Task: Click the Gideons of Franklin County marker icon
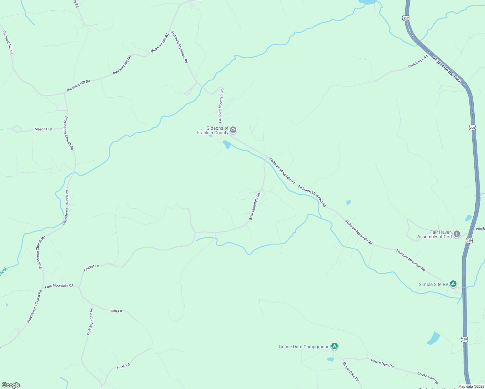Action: (x=233, y=130)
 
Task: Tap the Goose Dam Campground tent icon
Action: (x=335, y=346)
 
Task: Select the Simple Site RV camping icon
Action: (x=453, y=284)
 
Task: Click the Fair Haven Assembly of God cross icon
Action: (x=456, y=234)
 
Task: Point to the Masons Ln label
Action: (x=43, y=129)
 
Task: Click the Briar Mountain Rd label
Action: (x=254, y=206)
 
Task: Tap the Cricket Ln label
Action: (x=91, y=267)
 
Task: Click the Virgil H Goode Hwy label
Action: (x=446, y=69)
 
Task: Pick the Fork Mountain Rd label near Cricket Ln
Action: (x=59, y=286)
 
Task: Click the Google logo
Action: (x=11, y=385)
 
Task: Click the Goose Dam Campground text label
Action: (x=304, y=347)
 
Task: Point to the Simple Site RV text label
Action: (x=433, y=285)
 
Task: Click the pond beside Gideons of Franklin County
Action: (x=227, y=144)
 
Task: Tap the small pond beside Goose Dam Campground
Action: (x=330, y=359)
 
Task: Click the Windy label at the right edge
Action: (x=480, y=229)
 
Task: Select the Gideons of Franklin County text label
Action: (x=213, y=130)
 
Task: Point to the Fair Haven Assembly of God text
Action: (x=434, y=234)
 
